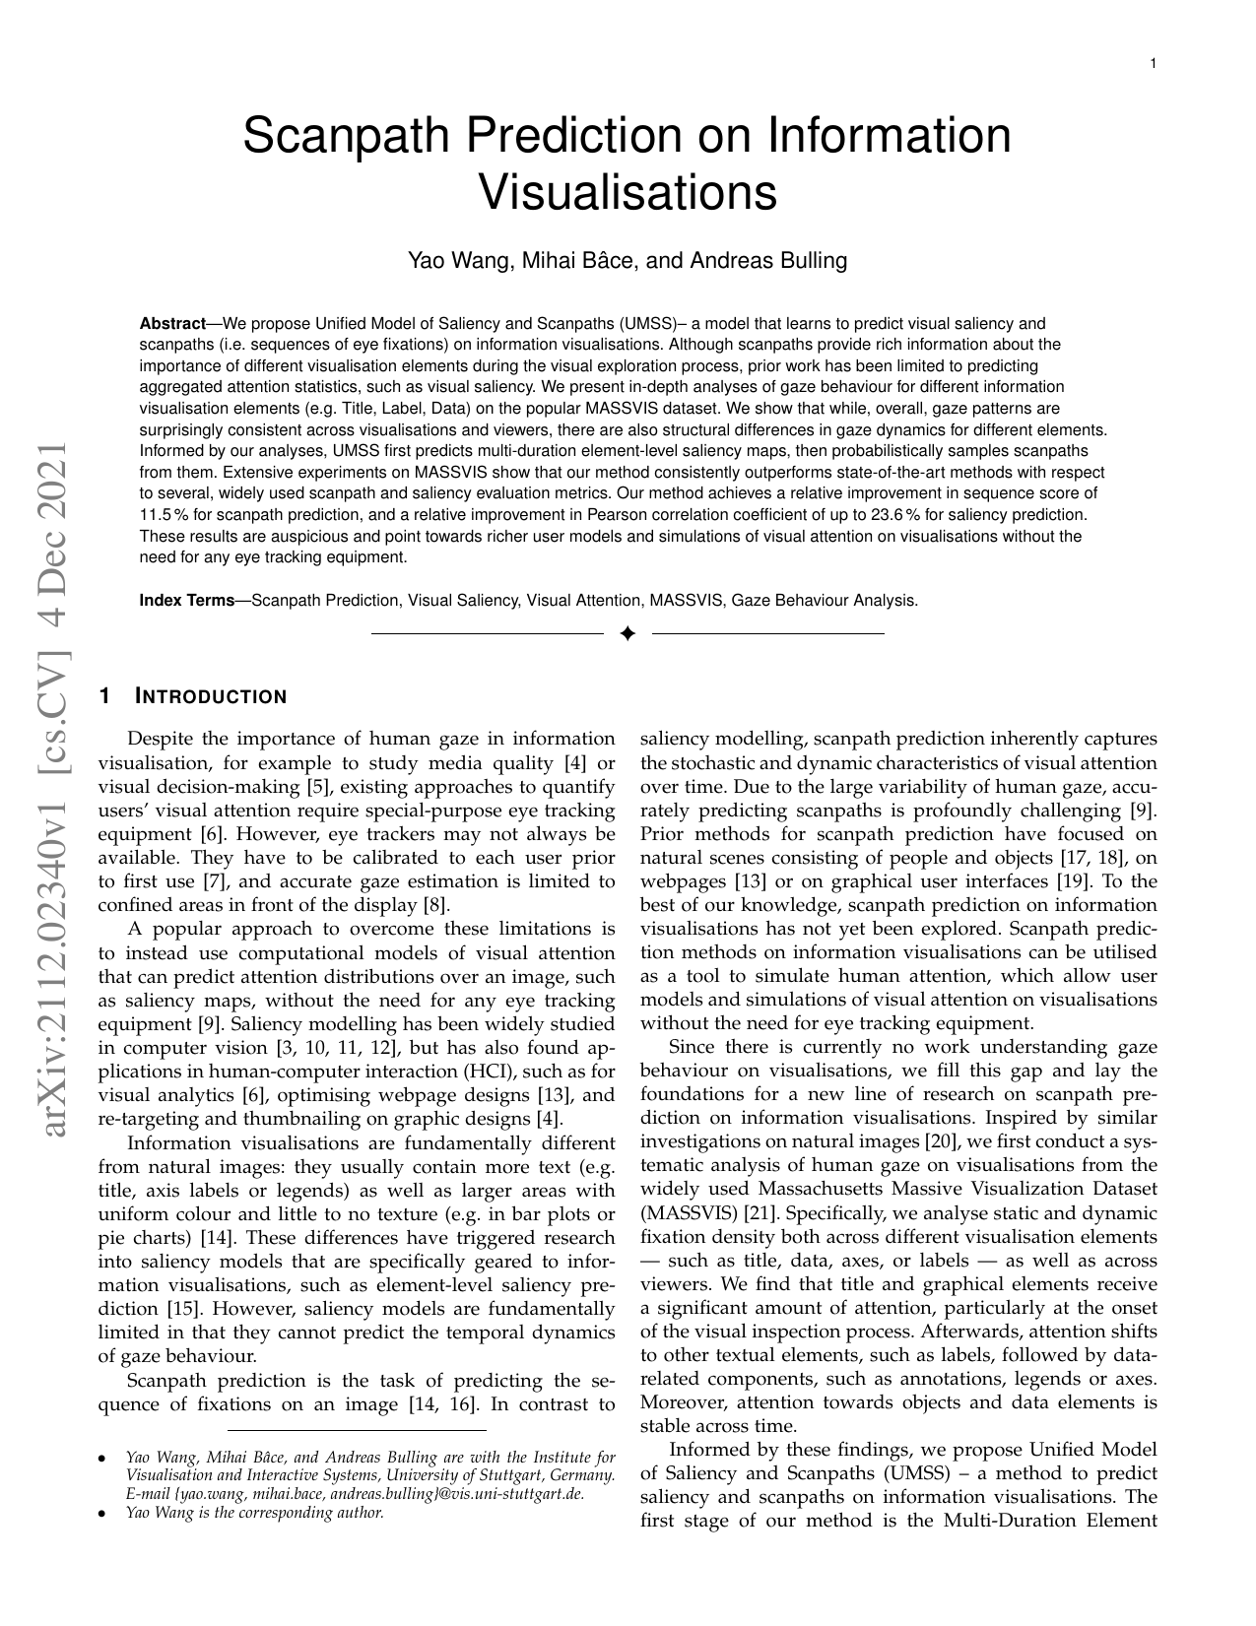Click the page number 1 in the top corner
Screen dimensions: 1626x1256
point(1153,64)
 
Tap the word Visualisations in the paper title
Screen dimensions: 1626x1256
point(628,192)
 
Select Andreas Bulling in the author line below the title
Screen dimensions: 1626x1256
point(768,261)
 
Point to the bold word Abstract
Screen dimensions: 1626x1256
point(172,324)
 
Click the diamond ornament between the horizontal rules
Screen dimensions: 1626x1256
point(628,633)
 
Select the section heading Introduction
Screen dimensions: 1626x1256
point(210,697)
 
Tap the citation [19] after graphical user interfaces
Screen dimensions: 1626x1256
point(1072,881)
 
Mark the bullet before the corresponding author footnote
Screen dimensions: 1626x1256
point(102,1513)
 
